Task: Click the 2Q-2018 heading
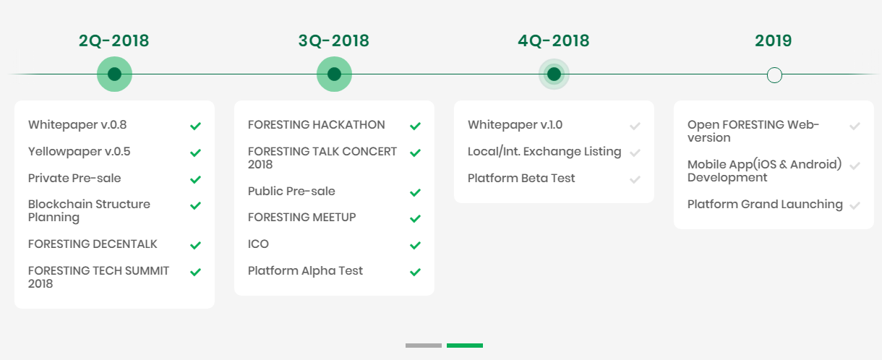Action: pos(114,40)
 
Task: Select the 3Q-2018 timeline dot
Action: pos(334,74)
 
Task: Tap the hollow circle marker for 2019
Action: pos(774,75)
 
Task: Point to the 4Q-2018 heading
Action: pos(554,40)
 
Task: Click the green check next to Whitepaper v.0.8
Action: pos(196,126)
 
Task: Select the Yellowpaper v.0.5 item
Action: pos(79,152)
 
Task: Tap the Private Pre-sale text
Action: pos(74,178)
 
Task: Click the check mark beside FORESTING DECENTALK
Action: pos(196,245)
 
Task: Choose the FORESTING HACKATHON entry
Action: pos(316,125)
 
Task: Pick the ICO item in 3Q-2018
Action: pos(258,244)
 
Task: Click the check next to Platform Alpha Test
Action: pos(416,272)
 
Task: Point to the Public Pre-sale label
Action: pos(291,191)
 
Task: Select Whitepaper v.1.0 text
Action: pos(515,125)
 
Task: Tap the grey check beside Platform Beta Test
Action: pos(635,179)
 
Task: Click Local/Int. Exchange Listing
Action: pos(544,152)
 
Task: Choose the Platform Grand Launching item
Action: pos(765,205)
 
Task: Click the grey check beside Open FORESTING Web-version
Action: pos(855,126)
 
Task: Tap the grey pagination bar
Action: pos(424,346)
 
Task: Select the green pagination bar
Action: pos(465,346)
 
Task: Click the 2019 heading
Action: pos(774,40)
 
